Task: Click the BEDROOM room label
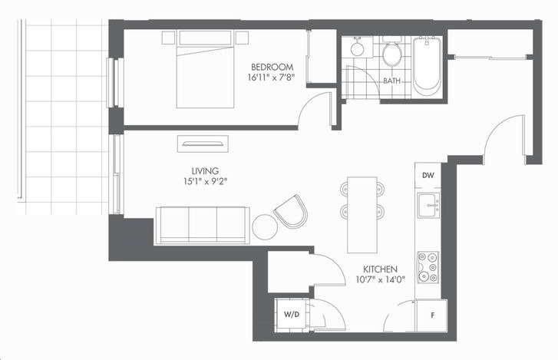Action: click(272, 67)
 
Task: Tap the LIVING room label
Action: click(205, 171)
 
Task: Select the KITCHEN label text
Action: click(380, 269)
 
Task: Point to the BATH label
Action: click(391, 81)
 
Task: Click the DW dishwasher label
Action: click(428, 175)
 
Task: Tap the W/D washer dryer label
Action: click(292, 315)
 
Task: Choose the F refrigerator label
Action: click(433, 315)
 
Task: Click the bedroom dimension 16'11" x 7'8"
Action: click(272, 78)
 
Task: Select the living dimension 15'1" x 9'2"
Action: click(206, 181)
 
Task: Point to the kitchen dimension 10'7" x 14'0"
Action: click(381, 279)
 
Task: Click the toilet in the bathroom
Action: click(391, 51)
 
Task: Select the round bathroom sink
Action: click(357, 48)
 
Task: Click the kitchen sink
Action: click(428, 205)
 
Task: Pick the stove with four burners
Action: click(428, 267)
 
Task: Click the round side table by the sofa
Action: click(265, 227)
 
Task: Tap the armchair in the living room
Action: click(291, 212)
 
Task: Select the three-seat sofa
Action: click(203, 225)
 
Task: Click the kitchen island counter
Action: click(362, 215)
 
